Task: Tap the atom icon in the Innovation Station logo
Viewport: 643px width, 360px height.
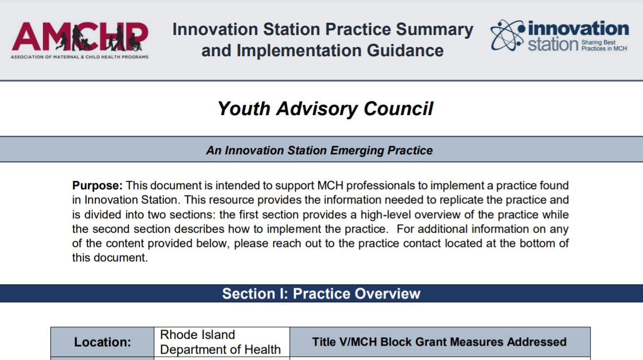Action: pos(508,35)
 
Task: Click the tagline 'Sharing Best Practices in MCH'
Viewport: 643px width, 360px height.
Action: pos(604,45)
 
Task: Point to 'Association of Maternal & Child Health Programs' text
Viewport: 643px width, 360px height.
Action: pos(80,57)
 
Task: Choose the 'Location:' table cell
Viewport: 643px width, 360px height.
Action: pos(102,343)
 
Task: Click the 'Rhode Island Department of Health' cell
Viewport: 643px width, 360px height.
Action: pos(221,343)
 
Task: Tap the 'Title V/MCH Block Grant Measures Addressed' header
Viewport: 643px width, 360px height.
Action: pos(439,342)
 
